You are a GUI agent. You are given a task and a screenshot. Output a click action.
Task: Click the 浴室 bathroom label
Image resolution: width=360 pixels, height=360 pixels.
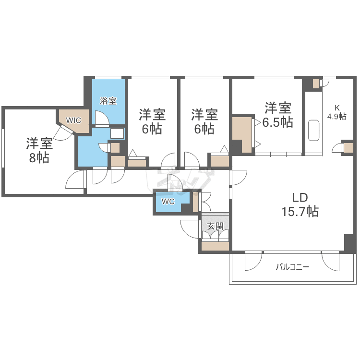coord(108,101)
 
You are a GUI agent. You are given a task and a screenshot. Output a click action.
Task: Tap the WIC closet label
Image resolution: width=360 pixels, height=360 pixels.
coord(73,120)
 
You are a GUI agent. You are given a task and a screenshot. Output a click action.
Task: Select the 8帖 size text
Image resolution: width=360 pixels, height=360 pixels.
coord(39,158)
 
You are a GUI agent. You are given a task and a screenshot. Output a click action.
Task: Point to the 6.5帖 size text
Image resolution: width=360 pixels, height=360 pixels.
coord(277,122)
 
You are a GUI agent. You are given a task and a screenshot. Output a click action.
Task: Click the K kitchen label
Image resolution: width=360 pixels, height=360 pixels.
coord(337,108)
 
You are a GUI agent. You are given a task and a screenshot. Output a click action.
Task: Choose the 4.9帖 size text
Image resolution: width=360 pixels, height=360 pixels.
coord(337,117)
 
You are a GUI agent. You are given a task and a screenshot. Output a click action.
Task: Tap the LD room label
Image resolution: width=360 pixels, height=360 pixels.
coord(300,197)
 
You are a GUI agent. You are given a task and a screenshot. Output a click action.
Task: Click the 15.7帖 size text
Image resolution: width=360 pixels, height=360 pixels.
coord(300,211)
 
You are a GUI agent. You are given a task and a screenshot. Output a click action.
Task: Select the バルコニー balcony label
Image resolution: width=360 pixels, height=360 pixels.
coord(292,267)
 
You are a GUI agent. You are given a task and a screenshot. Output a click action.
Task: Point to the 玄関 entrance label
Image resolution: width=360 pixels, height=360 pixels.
coord(215,226)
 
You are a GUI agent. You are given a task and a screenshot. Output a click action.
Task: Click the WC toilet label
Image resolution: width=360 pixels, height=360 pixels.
coord(168,201)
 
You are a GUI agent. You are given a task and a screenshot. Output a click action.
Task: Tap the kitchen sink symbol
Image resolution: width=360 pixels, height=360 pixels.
coord(313,130)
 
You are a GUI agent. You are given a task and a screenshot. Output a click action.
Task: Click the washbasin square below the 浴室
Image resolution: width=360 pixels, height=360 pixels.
coord(117,133)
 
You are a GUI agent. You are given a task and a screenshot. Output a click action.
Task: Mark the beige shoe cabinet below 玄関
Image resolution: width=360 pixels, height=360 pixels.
coord(215,246)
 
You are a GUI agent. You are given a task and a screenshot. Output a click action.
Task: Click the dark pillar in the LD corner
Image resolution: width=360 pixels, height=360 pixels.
coord(349,243)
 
